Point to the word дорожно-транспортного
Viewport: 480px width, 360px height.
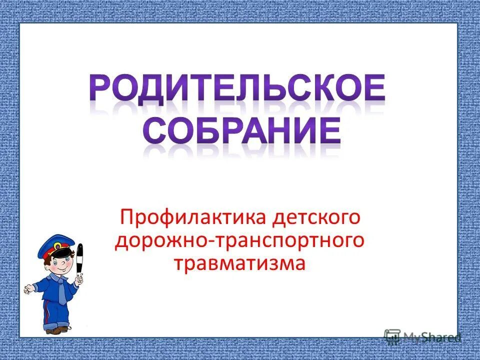239,241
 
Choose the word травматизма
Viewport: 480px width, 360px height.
239,262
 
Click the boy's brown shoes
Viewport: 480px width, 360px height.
56,330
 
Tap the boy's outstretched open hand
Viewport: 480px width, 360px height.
29,289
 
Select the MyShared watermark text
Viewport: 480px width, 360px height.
432,337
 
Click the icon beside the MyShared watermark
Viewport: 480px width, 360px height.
392,336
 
